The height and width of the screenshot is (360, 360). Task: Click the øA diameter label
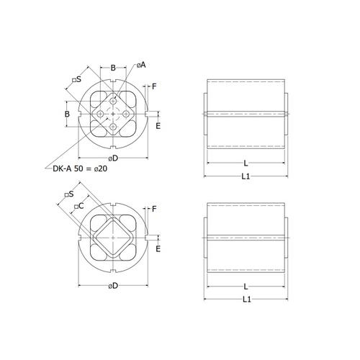tap(141, 65)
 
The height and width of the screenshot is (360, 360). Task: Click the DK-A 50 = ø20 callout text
tap(80, 168)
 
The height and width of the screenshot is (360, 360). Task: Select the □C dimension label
tap(78, 206)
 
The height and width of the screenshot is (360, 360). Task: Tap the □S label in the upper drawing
tap(77, 79)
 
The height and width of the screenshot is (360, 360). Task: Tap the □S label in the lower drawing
tap(69, 194)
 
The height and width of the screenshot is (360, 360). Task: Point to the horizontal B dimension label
tap(113, 68)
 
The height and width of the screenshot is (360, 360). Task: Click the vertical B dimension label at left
tap(67, 114)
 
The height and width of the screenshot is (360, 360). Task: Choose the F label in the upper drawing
tap(154, 86)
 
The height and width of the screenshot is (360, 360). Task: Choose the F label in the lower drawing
tap(154, 209)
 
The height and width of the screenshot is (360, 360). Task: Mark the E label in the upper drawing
tap(158, 126)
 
